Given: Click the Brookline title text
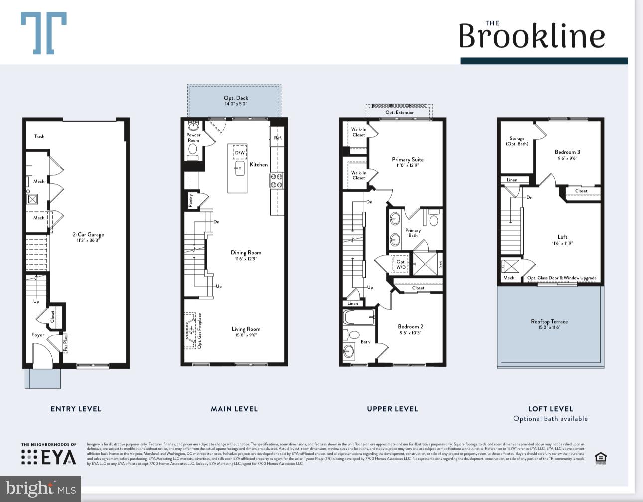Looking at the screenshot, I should coord(531,36).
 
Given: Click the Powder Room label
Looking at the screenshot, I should coord(193,137).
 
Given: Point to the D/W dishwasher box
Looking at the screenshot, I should coord(240,153).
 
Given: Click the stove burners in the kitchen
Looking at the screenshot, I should coord(277,181).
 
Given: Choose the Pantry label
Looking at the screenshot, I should coord(191,200).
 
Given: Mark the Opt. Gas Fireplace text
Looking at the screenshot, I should coord(200,331).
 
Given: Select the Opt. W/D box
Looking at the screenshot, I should coord(401,264).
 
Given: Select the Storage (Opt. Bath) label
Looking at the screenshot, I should coord(517,141).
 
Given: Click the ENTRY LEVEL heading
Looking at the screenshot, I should coord(76,409).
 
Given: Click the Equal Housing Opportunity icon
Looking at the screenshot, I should coord(601,458).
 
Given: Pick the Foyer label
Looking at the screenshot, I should coord(38,335).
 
